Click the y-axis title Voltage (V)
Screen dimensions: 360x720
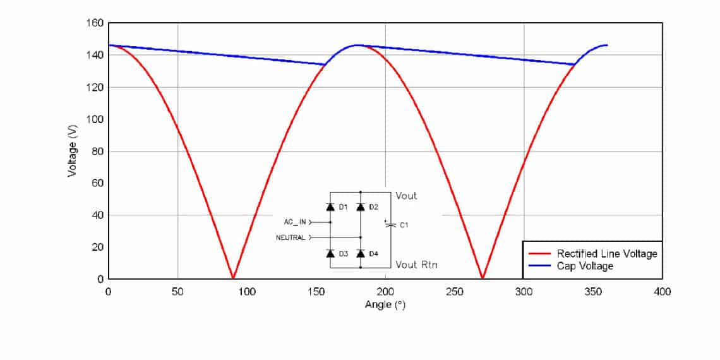pyautogui.click(x=73, y=150)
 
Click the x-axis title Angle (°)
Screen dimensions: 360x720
pyautogui.click(x=385, y=304)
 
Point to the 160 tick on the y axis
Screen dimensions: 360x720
pyautogui.click(x=95, y=23)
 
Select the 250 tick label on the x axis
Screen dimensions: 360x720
pyautogui.click(x=454, y=291)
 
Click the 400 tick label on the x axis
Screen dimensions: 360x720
pyautogui.click(x=662, y=291)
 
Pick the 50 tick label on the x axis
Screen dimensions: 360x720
pyautogui.click(x=177, y=291)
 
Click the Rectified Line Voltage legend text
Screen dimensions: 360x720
pyautogui.click(x=607, y=253)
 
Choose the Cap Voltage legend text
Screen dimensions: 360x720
pyautogui.click(x=585, y=266)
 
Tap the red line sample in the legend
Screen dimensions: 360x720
pyautogui.click(x=541, y=253)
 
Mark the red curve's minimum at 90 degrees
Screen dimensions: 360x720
pyautogui.click(x=233, y=277)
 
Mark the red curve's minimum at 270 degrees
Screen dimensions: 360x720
pyautogui.click(x=483, y=277)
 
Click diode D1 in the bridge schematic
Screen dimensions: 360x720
pyautogui.click(x=330, y=207)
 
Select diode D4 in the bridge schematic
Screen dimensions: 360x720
pyautogui.click(x=361, y=253)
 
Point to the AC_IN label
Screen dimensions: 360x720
pyautogui.click(x=295, y=222)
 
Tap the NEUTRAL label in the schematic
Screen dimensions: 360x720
pyautogui.click(x=291, y=237)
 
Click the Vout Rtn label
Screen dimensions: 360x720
pyautogui.click(x=416, y=265)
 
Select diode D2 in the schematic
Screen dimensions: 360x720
pyautogui.click(x=361, y=207)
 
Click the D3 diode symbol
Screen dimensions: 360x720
pyautogui.click(x=330, y=253)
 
